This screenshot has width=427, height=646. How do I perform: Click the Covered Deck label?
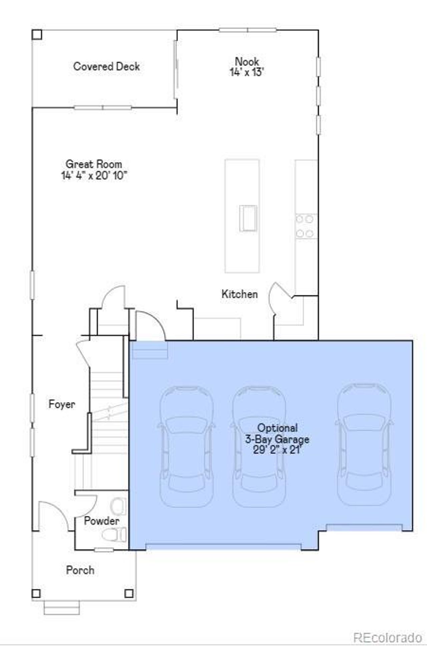[106, 66]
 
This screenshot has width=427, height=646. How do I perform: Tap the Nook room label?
[247, 61]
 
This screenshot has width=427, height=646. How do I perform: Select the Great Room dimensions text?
[94, 175]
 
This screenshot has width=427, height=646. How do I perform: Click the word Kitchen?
[240, 294]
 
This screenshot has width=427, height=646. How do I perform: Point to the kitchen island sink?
[248, 218]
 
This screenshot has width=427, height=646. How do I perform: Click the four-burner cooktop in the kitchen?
[305, 226]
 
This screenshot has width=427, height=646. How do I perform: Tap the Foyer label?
[62, 404]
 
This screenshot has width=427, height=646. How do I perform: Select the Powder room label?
[101, 521]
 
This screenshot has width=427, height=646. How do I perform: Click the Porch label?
[80, 570]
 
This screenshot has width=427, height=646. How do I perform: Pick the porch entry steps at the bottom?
[62, 607]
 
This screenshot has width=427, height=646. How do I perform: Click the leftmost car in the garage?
[186, 447]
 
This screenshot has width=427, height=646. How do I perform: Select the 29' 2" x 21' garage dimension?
[277, 450]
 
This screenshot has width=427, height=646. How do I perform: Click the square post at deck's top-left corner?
[37, 35]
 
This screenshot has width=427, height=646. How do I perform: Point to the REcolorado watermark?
[387, 637]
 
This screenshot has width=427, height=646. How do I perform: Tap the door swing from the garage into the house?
[150, 325]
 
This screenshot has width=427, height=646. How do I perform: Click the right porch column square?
[129, 594]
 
